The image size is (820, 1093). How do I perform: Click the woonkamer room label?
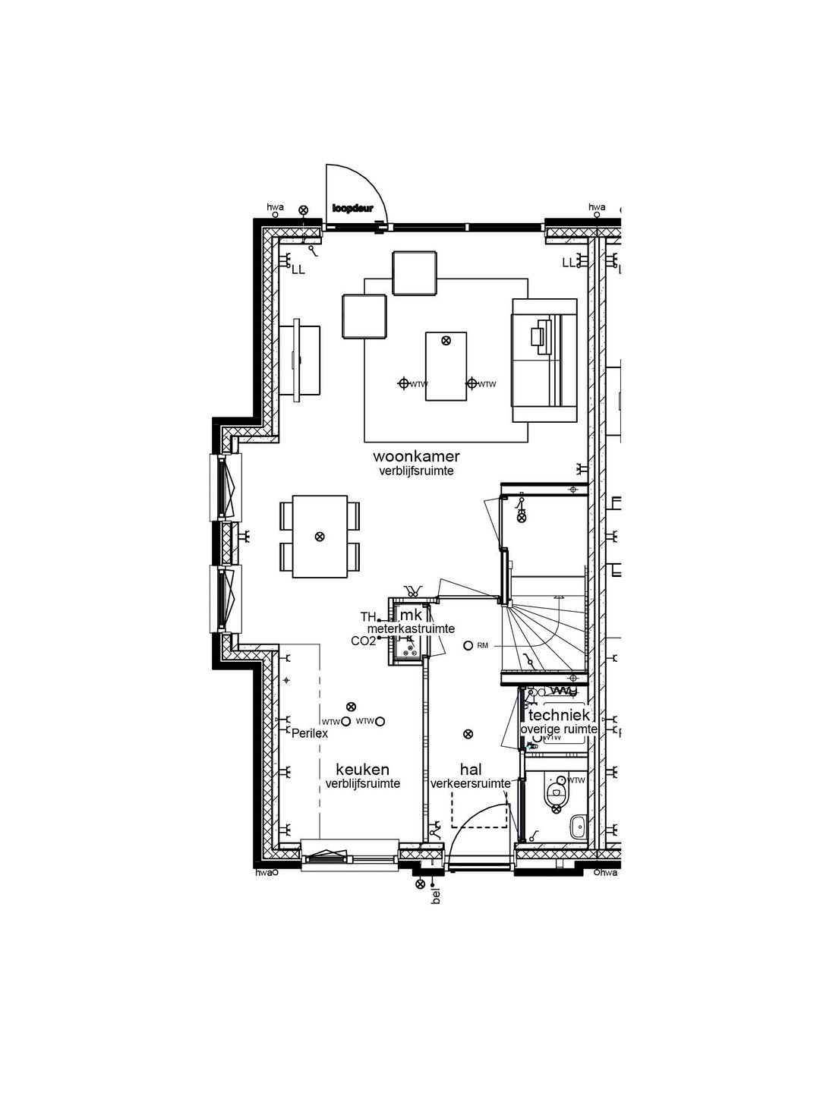416,456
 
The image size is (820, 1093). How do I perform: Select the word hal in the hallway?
471,770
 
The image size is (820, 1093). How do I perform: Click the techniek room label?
559,715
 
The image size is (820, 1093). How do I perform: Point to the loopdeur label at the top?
352,208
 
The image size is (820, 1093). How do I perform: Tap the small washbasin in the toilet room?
578,827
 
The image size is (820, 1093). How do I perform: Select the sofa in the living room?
544,360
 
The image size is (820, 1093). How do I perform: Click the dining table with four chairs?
320,537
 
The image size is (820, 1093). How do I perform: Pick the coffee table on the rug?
446,365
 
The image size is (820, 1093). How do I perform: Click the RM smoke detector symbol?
468,646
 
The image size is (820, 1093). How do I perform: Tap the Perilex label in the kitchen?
310,734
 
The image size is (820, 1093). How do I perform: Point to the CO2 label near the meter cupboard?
363,641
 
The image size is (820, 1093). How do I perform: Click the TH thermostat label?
368,616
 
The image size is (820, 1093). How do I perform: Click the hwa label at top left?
275,206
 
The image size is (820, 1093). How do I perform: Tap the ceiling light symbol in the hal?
468,733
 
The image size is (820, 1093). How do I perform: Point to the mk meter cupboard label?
411,615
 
